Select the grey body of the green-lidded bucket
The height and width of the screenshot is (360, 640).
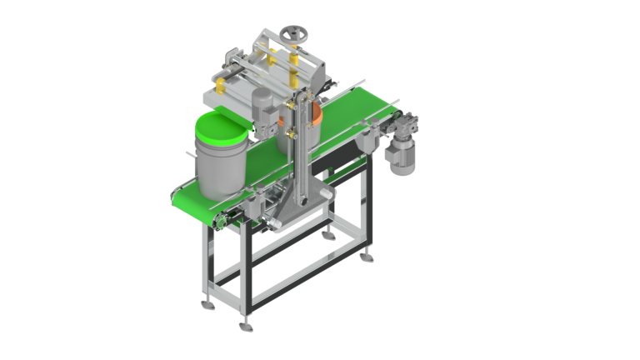220,171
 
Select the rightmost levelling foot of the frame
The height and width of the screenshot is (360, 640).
364,258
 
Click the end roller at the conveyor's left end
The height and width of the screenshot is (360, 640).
218,221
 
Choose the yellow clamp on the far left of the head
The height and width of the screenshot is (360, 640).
220,82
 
